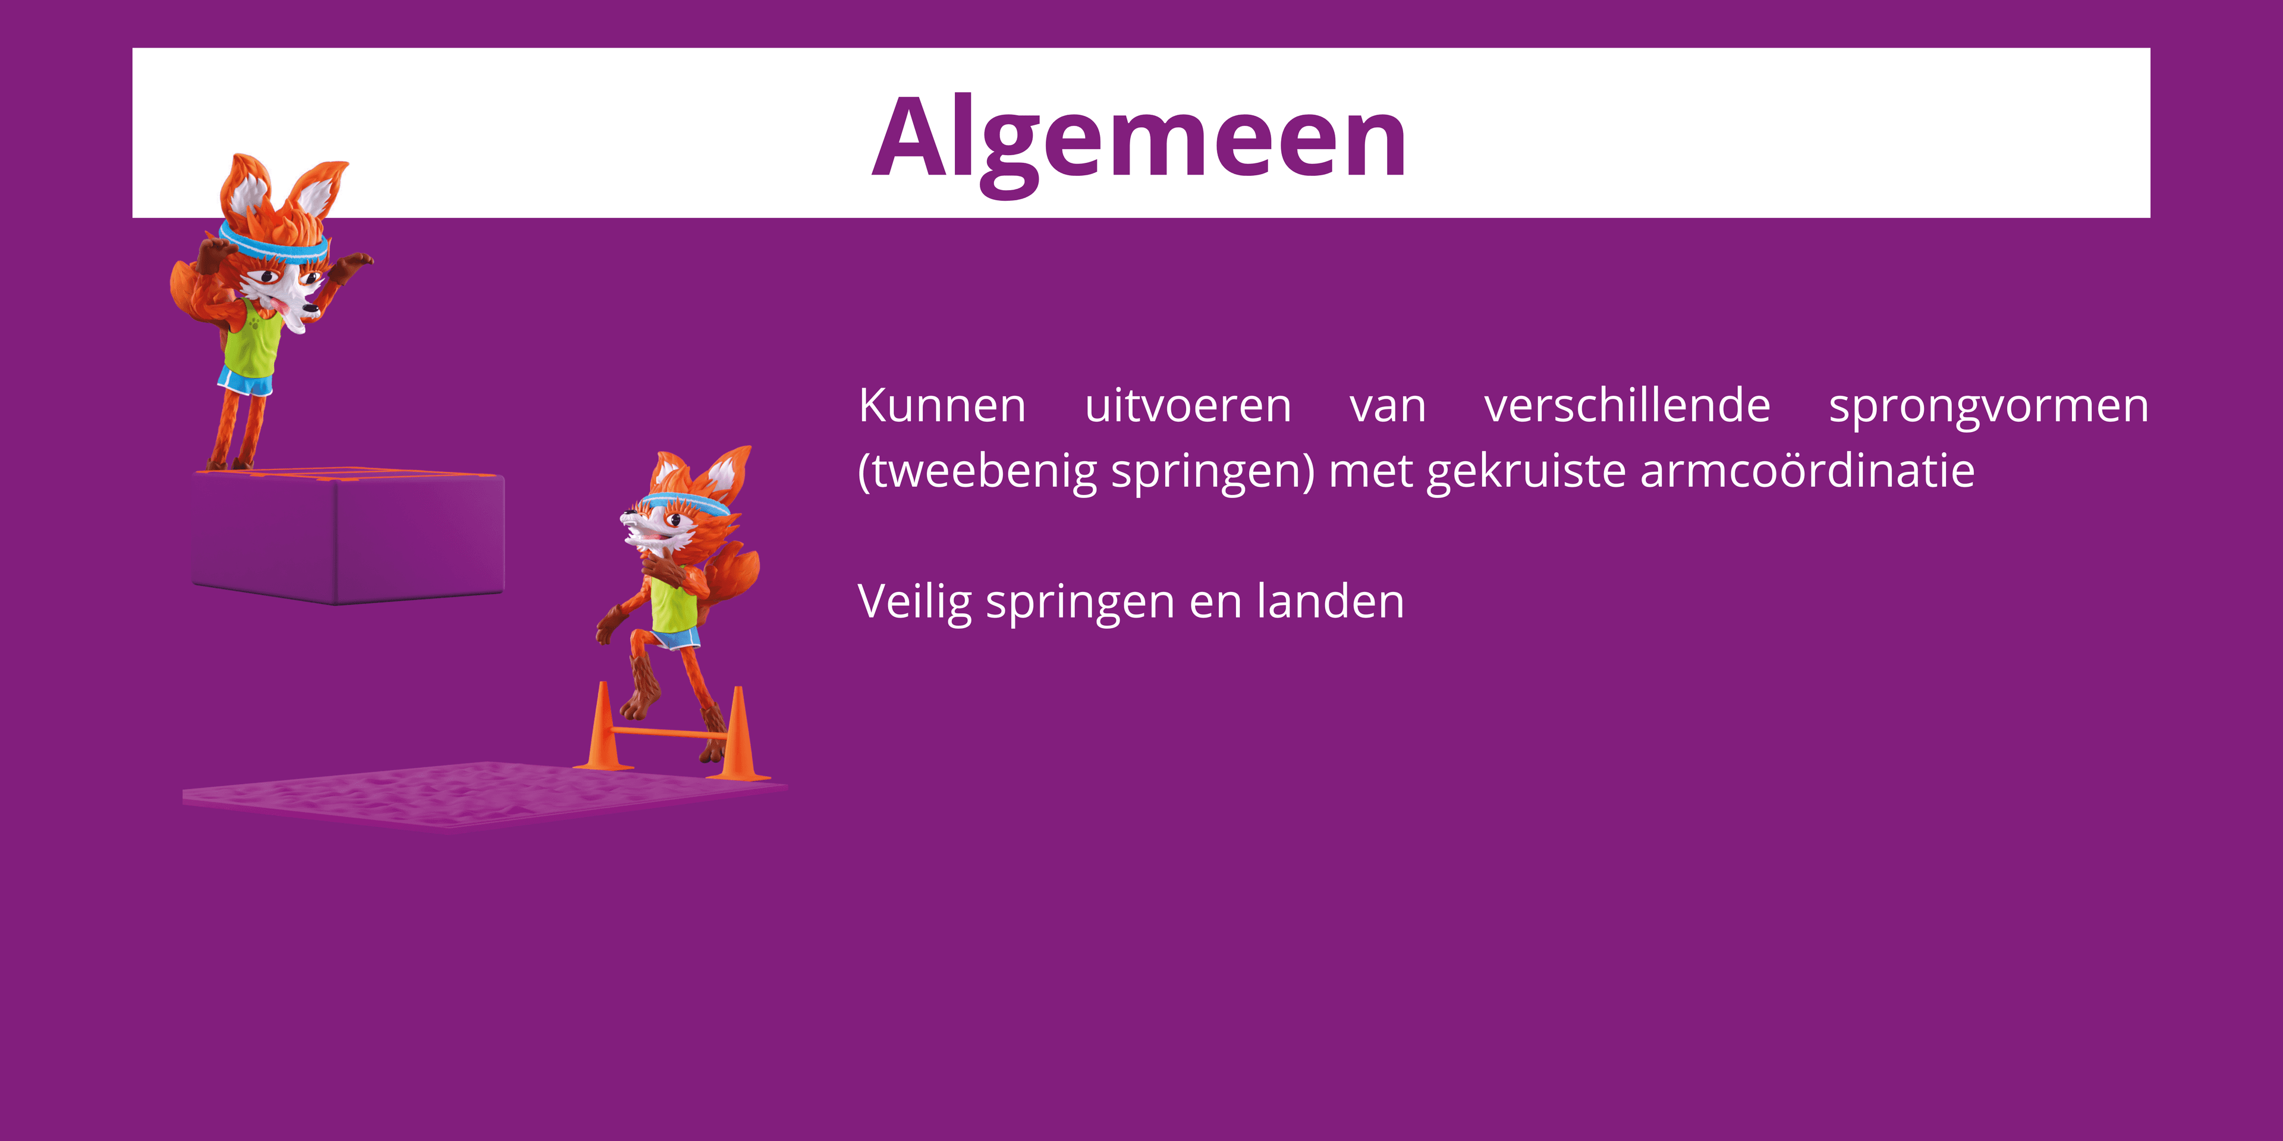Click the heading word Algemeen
coord(1139,137)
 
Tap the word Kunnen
coord(942,406)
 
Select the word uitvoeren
coord(1188,406)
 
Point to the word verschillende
coord(1627,406)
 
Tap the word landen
coord(1331,601)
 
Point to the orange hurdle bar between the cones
coord(669,733)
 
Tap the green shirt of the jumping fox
coord(674,603)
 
